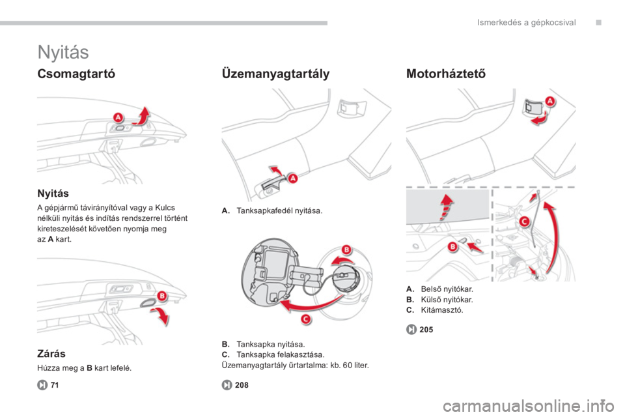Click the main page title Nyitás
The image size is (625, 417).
pos(63,52)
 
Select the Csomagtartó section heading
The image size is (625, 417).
pos(76,74)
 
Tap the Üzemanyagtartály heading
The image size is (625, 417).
pos(275,74)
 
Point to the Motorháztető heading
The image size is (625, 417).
pos(445,74)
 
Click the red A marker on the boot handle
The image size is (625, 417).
pos(118,118)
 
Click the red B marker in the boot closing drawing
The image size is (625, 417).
pos(162,296)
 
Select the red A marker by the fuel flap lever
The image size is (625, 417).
pos(293,179)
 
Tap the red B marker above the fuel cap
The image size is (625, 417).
pos(347,250)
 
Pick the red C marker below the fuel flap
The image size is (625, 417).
pos(306,319)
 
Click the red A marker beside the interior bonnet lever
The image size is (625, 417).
pos(549,101)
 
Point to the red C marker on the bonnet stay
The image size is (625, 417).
pos(524,221)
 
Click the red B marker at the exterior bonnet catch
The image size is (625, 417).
pos(452,247)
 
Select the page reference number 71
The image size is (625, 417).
pos(55,385)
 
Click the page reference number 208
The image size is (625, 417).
pos(242,385)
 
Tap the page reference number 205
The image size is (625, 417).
pos(426,330)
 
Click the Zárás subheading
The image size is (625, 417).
pos(51,354)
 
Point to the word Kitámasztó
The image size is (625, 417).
pos(442,310)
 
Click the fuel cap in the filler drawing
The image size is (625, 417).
pos(346,278)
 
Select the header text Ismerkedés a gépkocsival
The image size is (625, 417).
pos(527,23)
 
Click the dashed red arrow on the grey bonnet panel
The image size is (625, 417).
pos(446,207)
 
